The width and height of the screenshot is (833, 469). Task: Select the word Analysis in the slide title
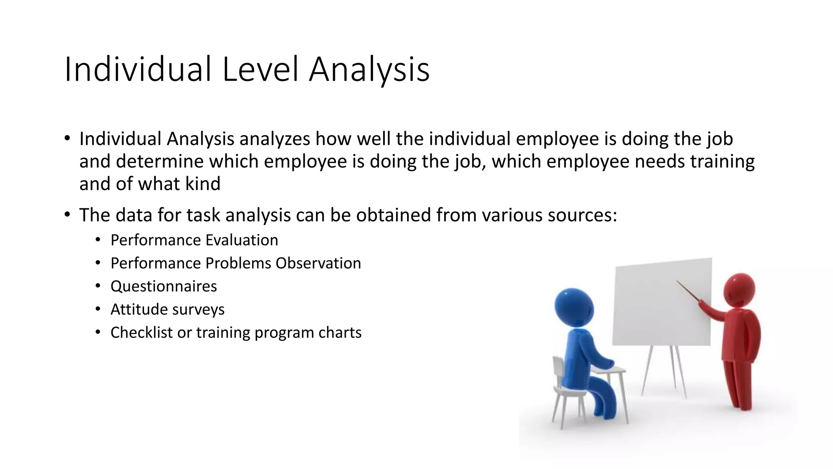(x=369, y=70)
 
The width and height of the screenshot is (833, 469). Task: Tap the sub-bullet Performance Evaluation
(x=194, y=240)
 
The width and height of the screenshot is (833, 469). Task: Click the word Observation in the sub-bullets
(x=318, y=263)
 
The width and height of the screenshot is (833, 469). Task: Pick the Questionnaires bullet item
(x=164, y=286)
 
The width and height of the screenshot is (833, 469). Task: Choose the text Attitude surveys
(x=167, y=309)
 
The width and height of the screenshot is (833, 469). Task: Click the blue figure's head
(x=574, y=308)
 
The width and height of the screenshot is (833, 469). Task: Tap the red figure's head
(x=739, y=289)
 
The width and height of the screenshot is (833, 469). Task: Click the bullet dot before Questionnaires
(x=98, y=286)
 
